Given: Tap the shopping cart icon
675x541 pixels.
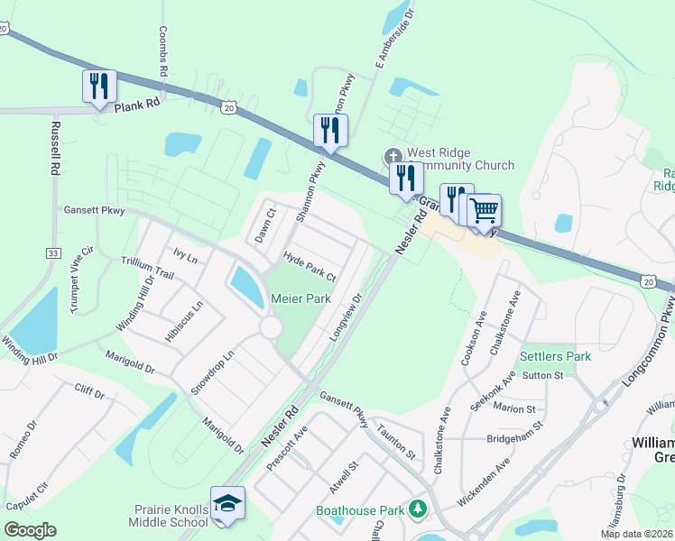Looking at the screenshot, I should [x=485, y=211].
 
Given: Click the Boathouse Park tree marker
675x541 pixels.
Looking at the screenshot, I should [x=417, y=509].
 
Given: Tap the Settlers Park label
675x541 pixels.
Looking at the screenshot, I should [x=555, y=356].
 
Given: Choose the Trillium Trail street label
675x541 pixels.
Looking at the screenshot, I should [x=146, y=266].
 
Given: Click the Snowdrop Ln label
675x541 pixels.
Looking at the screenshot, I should [x=212, y=372].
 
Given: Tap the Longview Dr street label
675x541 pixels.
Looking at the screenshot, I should [x=346, y=316].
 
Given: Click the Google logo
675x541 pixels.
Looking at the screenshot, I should [x=30, y=529].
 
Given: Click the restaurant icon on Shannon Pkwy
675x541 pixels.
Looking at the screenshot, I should [x=329, y=131].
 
